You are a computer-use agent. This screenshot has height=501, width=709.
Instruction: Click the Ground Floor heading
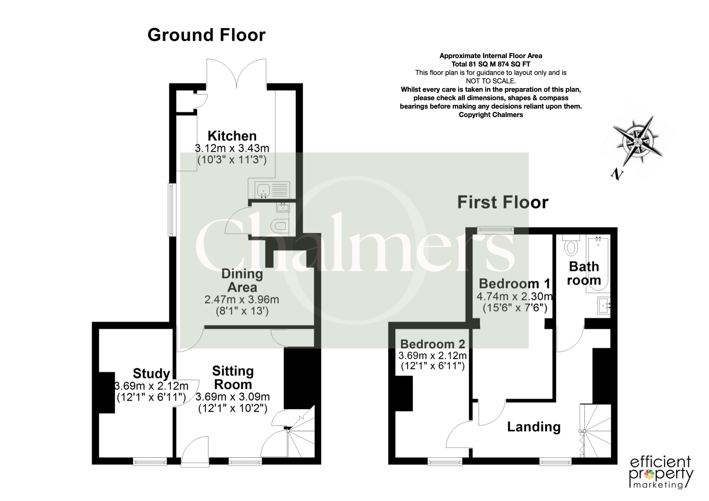[206, 35]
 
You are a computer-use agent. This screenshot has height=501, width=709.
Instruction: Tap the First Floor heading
[503, 202]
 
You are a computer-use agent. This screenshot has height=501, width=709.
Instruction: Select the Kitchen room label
[232, 136]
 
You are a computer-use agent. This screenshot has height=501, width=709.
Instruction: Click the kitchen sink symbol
[269, 190]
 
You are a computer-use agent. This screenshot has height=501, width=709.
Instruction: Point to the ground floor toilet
[280, 226]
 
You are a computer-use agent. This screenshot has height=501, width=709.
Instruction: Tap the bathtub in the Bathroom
[597, 264]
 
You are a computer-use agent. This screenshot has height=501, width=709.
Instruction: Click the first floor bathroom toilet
[571, 245]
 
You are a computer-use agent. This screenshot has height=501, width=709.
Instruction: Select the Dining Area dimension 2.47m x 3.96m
[242, 299]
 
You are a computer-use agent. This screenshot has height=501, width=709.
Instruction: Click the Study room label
[151, 373]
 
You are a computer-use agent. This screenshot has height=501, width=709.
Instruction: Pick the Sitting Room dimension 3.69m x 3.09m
[233, 397]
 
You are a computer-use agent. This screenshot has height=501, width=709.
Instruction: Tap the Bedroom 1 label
[514, 284]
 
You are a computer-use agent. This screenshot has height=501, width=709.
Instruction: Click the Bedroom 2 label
[433, 344]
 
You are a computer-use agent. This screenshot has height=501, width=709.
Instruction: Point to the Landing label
[534, 427]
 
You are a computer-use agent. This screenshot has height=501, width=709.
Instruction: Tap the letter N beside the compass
[616, 174]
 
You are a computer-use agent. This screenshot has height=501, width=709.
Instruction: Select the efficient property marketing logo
[661, 472]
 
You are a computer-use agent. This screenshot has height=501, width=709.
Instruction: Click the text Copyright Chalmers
[490, 115]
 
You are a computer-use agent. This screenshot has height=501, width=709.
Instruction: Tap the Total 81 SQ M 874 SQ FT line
[490, 64]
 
